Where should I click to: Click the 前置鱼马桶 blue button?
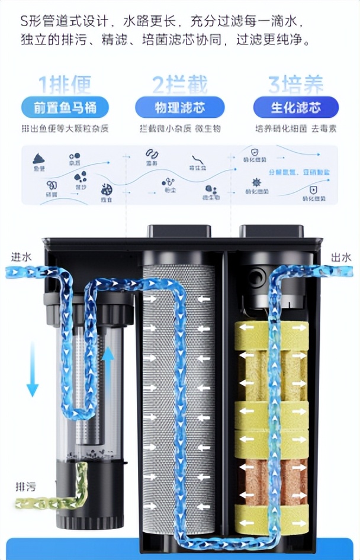click(x=65, y=107)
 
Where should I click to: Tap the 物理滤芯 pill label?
click(x=180, y=107)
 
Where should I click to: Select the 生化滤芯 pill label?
click(x=296, y=107)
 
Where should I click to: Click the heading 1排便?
click(x=65, y=84)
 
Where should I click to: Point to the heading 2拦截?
click(x=180, y=84)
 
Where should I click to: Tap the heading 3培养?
click(x=296, y=84)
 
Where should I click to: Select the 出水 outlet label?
click(x=342, y=257)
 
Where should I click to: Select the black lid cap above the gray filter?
click(x=179, y=231)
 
